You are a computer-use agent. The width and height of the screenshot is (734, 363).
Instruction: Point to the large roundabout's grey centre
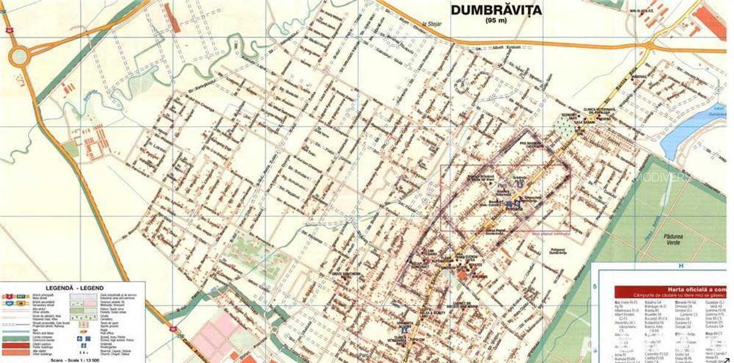pyautogui.click(x=19, y=57)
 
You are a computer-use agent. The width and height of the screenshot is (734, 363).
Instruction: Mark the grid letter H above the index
pyautogui.click(x=680, y=266)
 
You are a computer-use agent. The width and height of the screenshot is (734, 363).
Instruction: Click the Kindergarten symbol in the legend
pyautogui.click(x=80, y=345)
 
